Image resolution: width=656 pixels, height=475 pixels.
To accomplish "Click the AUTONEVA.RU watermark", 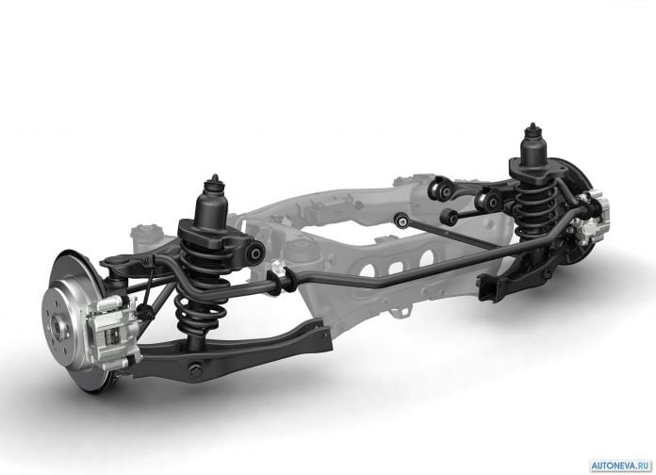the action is (621, 466).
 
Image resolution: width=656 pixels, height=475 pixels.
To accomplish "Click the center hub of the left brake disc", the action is (57, 325).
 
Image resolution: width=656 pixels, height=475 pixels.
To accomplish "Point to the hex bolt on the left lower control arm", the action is (194, 371).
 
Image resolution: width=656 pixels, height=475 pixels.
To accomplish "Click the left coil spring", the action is (202, 285).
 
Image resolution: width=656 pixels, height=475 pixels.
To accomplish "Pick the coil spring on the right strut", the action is (535, 205).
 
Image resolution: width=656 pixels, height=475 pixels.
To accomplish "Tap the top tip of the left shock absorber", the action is (215, 175).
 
